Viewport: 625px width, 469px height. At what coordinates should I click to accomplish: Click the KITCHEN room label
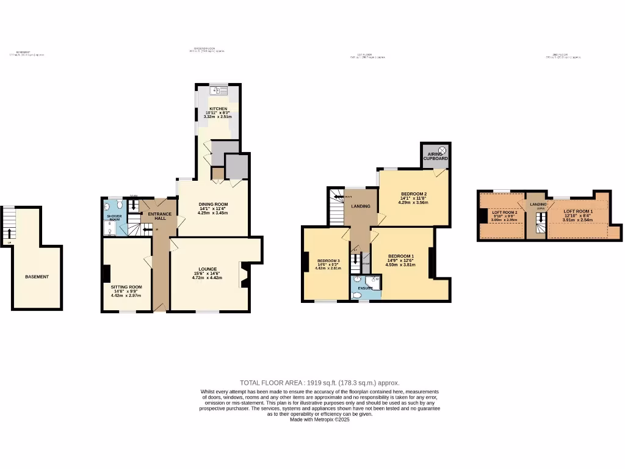click(x=218, y=109)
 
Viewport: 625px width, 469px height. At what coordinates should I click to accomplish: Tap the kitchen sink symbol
click(x=216, y=91)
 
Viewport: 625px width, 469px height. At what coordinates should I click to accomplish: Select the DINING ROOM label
click(x=213, y=204)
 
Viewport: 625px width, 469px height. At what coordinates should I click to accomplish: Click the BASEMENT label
click(x=37, y=277)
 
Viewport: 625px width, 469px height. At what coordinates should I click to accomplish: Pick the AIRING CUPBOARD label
click(x=436, y=156)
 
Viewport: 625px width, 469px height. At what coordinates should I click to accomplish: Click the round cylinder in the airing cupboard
click(x=443, y=150)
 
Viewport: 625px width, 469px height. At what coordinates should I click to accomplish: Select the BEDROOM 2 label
click(x=413, y=194)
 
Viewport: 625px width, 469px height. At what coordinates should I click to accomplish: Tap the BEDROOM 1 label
click(x=401, y=256)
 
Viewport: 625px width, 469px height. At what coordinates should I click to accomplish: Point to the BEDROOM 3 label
click(x=327, y=261)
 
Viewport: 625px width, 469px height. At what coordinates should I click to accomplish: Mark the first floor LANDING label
click(x=361, y=206)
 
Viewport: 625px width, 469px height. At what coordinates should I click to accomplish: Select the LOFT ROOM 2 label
click(x=504, y=212)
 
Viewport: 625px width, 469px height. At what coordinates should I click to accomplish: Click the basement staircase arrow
click(x=9, y=233)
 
